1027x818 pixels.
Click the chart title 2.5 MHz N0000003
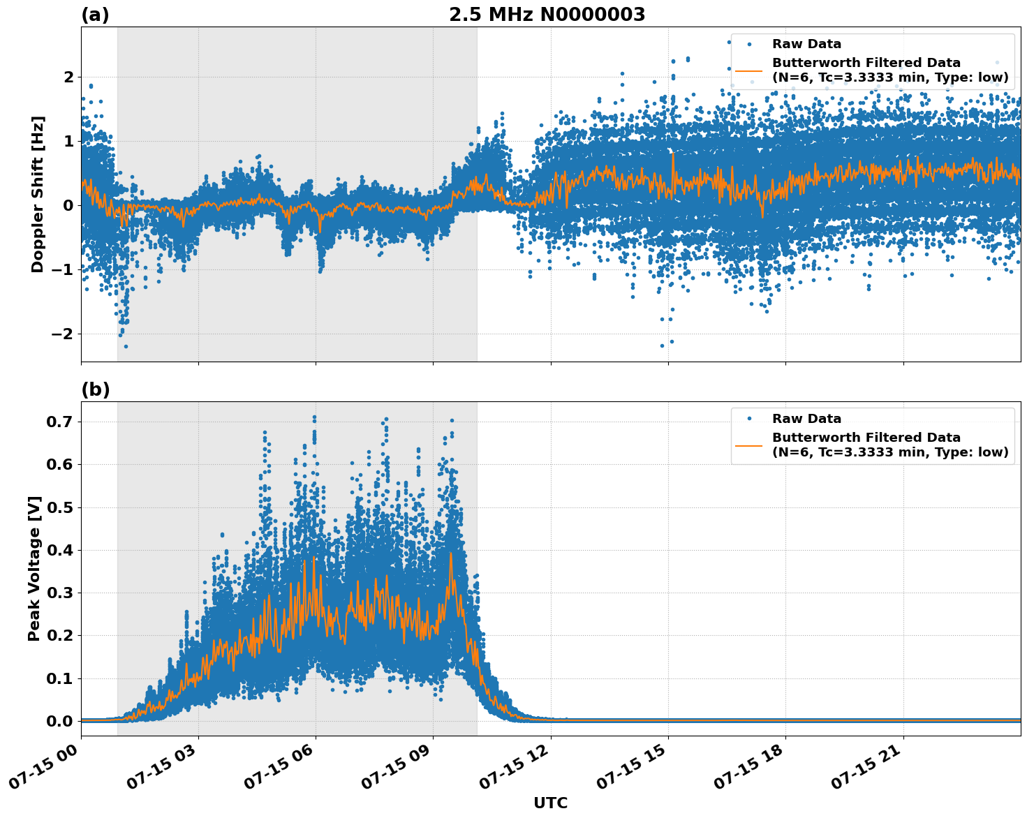pyautogui.click(x=547, y=15)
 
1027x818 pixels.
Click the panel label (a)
pyautogui.click(x=95, y=15)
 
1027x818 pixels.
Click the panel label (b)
pyautogui.click(x=95, y=389)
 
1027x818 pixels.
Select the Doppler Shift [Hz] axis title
pyautogui.click(x=38, y=194)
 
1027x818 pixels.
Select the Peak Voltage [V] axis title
pyautogui.click(x=34, y=568)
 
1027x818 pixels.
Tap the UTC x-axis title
pyautogui.click(x=550, y=803)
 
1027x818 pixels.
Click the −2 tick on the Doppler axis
pyautogui.click(x=62, y=334)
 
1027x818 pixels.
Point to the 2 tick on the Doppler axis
pyautogui.click(x=68, y=77)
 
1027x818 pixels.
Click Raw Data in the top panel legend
pyautogui.click(x=806, y=44)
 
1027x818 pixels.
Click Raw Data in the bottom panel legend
pyautogui.click(x=806, y=419)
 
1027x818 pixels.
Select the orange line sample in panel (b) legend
pyautogui.click(x=748, y=445)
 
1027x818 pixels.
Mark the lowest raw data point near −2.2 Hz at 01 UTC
pyautogui.click(x=126, y=346)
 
